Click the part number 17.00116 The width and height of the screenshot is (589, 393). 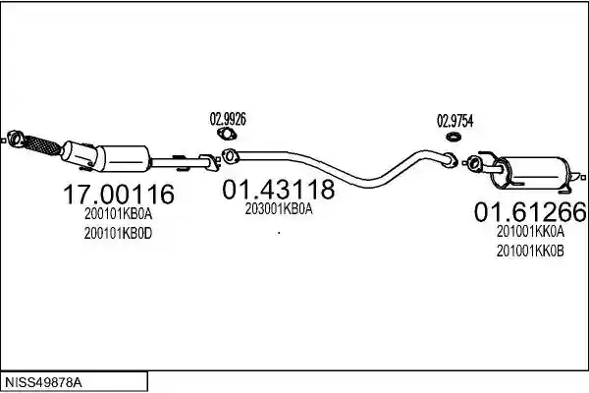coord(119,195)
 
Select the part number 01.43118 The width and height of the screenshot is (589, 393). coord(278,190)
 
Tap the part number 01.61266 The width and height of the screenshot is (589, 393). coord(530,212)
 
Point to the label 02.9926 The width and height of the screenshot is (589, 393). coord(228,119)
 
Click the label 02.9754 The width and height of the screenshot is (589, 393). coord(455,121)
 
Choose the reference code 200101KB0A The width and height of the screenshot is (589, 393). coord(119,214)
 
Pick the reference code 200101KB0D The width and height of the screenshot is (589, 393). coord(119,234)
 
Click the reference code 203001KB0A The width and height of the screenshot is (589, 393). coord(279,209)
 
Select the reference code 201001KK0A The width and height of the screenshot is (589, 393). coord(530,232)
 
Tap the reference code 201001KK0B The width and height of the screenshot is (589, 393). coord(530,252)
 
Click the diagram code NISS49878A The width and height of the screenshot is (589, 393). coord(43,383)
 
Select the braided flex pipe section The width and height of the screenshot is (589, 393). coord(41,145)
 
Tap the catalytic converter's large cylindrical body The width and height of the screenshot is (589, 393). coord(123,159)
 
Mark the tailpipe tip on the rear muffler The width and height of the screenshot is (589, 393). coord(578,176)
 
